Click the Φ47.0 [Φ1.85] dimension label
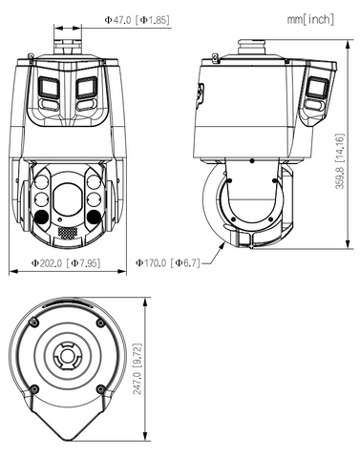point(137,20)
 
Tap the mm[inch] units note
point(310,20)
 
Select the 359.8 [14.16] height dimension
point(340,161)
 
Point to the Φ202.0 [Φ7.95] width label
point(66,263)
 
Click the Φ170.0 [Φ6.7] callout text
point(168,263)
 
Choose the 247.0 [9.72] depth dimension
point(138,369)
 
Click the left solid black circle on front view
point(41,217)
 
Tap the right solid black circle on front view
point(94,217)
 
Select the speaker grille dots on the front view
point(68,233)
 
